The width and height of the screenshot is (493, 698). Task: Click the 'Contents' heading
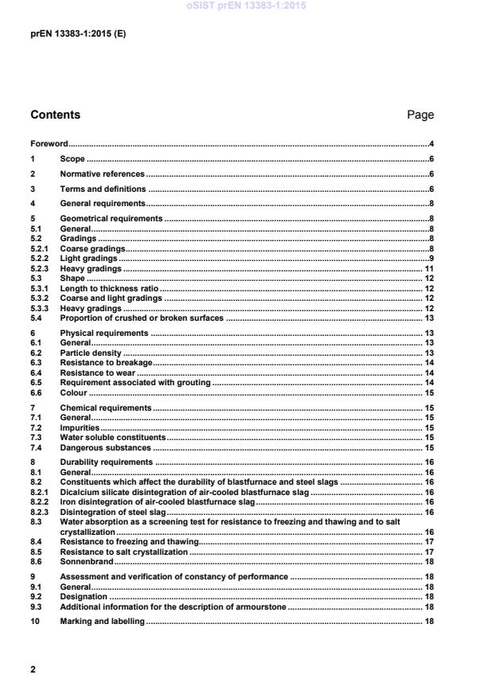point(56,115)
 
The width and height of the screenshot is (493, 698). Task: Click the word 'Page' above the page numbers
point(420,115)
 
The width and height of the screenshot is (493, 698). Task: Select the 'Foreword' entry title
point(49,144)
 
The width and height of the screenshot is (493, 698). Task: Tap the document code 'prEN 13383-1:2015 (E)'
point(78,34)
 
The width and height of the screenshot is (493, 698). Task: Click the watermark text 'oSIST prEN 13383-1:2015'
point(246,6)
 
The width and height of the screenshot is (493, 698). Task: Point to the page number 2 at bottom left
point(33,669)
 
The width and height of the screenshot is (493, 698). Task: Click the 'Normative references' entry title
point(103,174)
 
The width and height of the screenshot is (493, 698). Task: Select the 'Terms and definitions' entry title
point(103,189)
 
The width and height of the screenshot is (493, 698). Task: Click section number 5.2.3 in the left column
point(39,269)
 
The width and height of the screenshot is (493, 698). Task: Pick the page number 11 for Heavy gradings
point(428,269)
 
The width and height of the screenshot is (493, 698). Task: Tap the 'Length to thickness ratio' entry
point(110,289)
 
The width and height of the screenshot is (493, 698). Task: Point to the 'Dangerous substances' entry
point(106,447)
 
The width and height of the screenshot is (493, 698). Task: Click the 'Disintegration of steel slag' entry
point(113,513)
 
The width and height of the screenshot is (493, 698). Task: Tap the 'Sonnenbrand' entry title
point(86,561)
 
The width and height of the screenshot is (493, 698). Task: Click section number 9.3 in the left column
point(36,606)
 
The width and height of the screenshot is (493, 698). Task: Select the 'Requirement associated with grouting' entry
point(135,383)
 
